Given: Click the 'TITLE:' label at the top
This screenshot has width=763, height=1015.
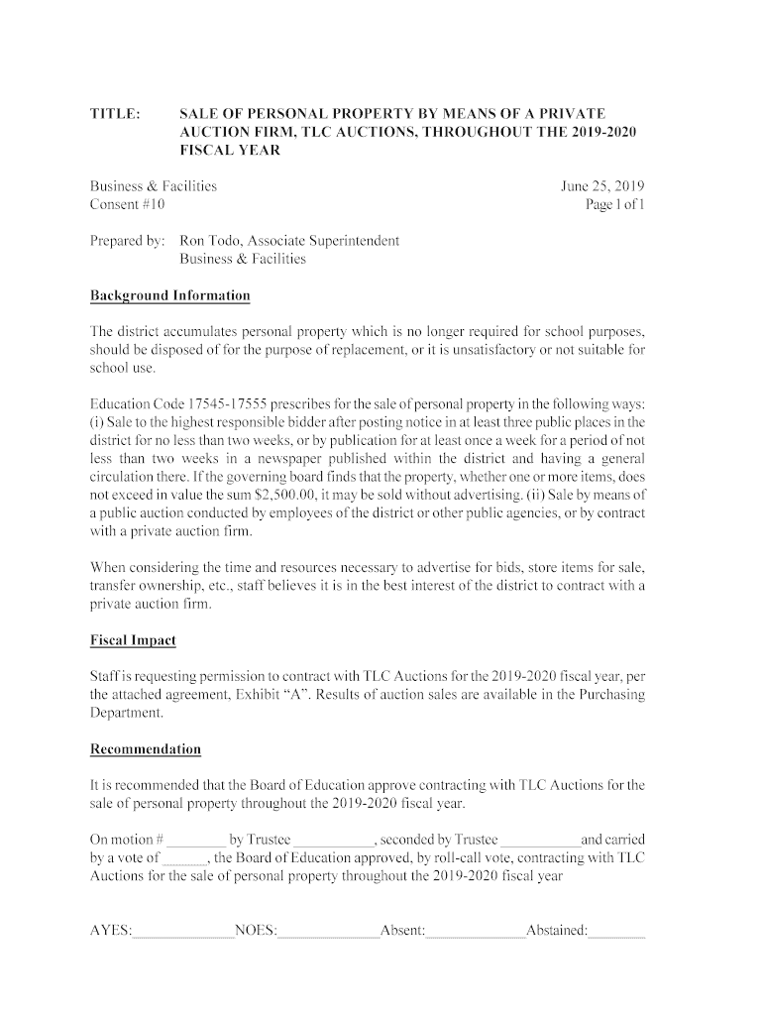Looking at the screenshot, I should click(115, 114).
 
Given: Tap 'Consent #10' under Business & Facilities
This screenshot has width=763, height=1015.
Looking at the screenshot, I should click(128, 205).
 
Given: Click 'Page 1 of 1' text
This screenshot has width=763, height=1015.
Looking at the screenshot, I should click(615, 205).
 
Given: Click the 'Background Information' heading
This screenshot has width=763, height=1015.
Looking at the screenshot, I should click(169, 296).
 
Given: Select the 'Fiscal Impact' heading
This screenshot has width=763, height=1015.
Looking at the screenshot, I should click(133, 640).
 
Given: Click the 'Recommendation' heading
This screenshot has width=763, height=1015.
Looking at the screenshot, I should click(146, 749).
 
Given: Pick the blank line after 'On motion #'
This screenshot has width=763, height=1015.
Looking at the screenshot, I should click(197, 841).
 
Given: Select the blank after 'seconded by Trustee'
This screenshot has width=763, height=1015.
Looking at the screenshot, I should click(540, 841).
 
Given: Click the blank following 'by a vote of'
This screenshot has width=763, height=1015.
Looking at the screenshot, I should click(184, 858).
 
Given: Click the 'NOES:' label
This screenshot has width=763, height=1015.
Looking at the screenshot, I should click(256, 932).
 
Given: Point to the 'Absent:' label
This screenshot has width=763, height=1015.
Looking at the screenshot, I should click(402, 932).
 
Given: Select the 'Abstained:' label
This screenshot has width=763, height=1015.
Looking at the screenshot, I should click(557, 932).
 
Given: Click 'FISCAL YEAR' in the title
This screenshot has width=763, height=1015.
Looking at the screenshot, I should click(230, 151).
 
